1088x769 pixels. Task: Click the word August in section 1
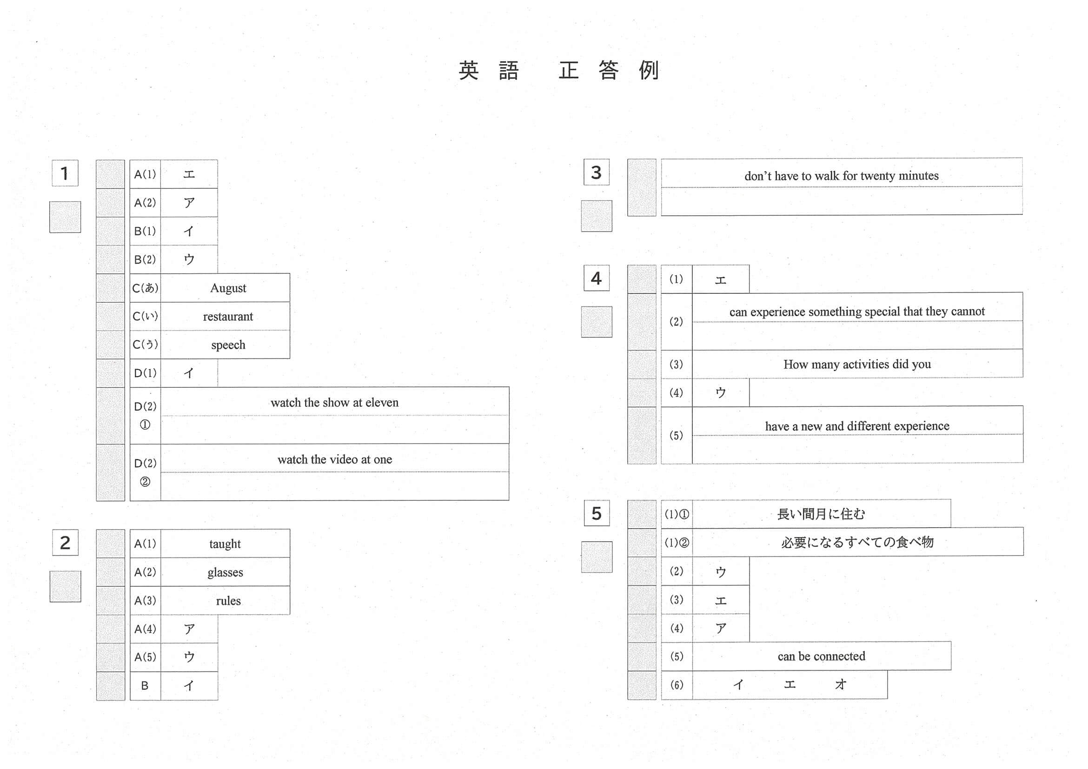pos(228,288)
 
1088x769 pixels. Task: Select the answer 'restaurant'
pos(228,317)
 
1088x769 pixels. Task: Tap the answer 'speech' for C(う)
pos(228,345)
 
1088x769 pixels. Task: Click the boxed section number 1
pos(65,173)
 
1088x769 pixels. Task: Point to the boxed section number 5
pos(596,513)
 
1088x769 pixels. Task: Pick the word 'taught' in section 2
pos(225,544)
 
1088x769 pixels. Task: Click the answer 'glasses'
pos(225,572)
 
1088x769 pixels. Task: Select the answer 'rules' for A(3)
pos(228,601)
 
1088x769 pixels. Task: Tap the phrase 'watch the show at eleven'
pos(335,403)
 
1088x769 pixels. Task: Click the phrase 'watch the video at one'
pos(335,460)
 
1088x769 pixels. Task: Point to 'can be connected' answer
pos(821,656)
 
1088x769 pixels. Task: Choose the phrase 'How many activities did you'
pos(857,365)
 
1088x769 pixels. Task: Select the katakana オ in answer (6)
pos(841,684)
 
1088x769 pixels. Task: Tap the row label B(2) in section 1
pos(145,259)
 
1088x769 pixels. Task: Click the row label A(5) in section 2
pos(145,657)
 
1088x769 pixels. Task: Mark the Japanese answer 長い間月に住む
pos(821,514)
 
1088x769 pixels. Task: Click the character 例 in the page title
pos(649,71)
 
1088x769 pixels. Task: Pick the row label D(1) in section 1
pos(145,373)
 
